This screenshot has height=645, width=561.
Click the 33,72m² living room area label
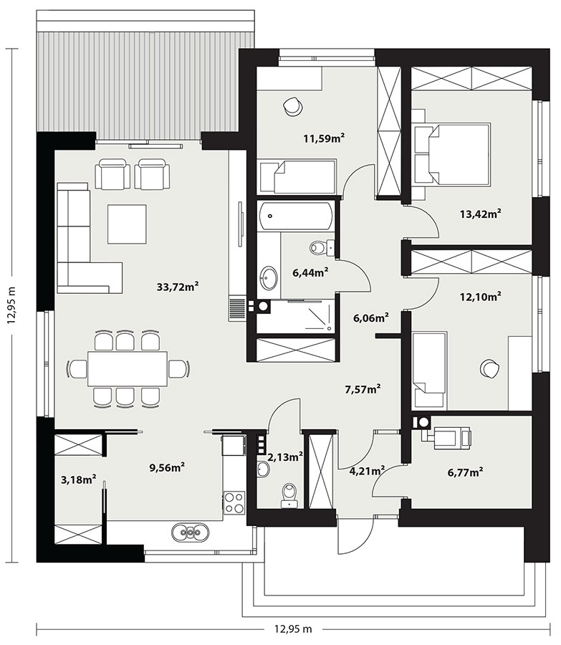(x=178, y=286)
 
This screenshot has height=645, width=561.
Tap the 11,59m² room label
(x=324, y=138)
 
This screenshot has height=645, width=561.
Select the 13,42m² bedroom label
(x=480, y=214)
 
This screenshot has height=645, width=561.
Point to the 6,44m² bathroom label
(x=310, y=272)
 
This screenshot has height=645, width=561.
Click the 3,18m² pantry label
(x=79, y=479)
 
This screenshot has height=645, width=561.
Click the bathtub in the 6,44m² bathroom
(x=296, y=216)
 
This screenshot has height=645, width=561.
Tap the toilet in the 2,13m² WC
(x=289, y=495)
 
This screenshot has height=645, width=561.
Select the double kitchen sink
(x=190, y=532)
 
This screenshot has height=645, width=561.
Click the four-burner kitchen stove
(x=234, y=502)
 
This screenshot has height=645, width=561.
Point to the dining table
(x=128, y=368)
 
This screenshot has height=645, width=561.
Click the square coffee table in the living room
(x=127, y=224)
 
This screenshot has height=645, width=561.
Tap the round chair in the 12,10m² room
(x=489, y=368)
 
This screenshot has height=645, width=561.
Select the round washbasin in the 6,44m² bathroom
(x=269, y=278)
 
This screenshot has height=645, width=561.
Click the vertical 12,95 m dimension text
(x=11, y=305)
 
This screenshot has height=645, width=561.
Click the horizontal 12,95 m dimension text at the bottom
(x=293, y=629)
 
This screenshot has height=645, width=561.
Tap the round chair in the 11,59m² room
(x=292, y=107)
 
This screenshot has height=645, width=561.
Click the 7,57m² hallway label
(x=363, y=388)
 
